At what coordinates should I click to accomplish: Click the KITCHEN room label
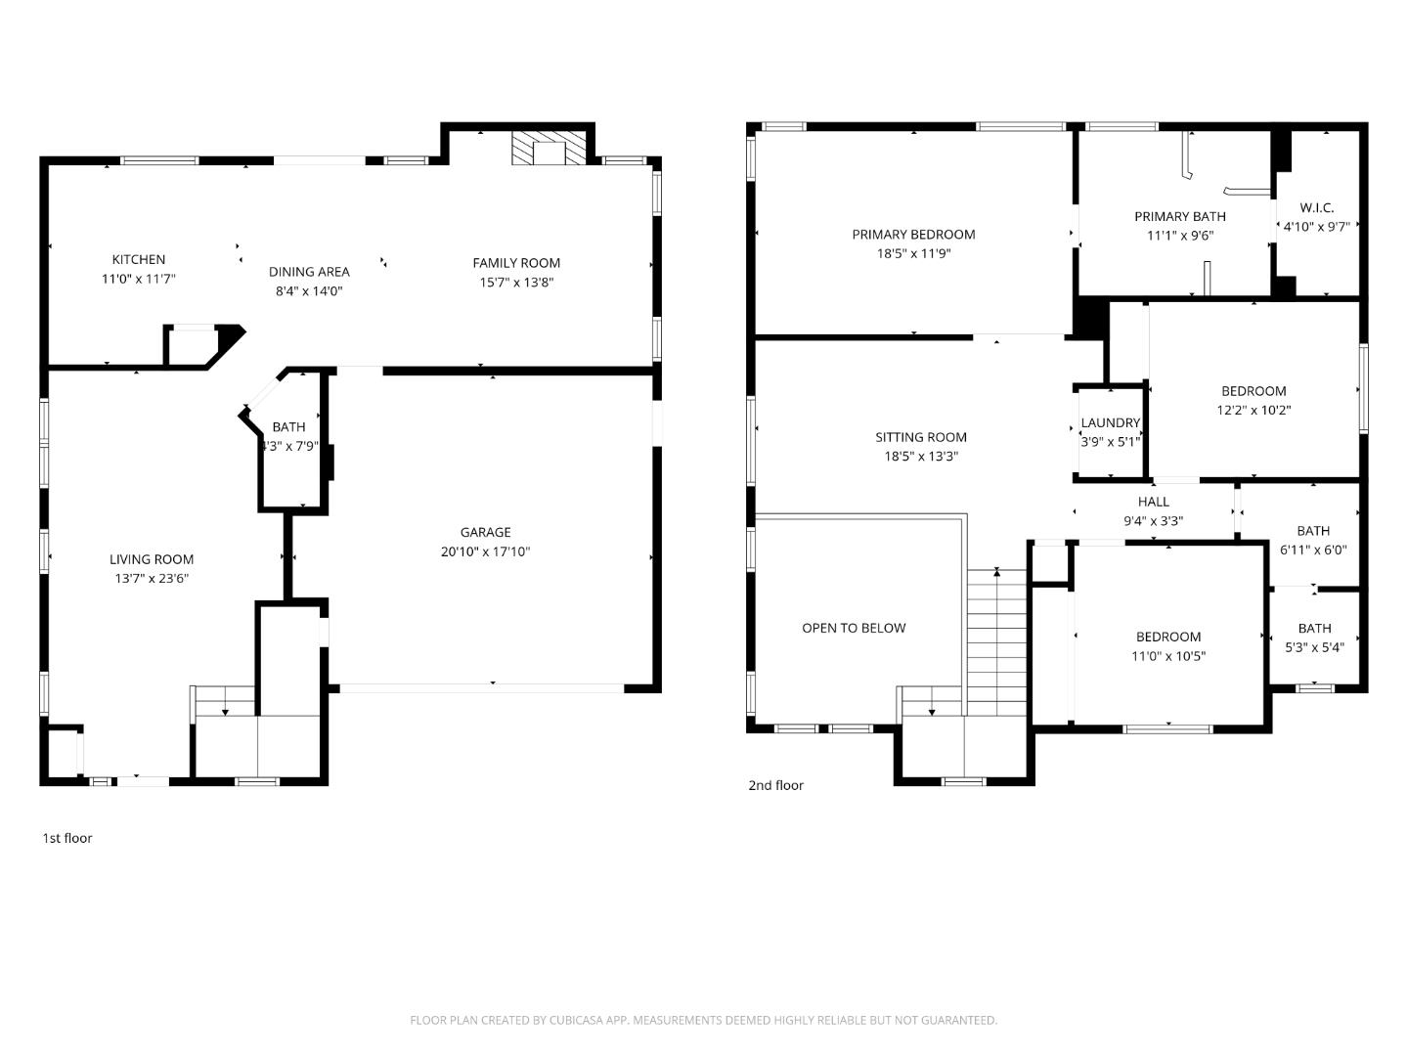click(x=139, y=259)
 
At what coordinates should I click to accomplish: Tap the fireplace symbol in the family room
click(x=552, y=148)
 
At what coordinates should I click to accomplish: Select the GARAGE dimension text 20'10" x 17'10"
click(x=485, y=551)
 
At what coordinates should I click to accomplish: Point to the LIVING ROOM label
click(x=152, y=559)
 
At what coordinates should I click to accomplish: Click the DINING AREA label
click(x=309, y=272)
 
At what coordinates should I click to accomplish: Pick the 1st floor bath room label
click(x=288, y=426)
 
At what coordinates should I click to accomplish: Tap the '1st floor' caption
click(x=67, y=838)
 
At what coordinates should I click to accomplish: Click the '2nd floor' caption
click(x=775, y=785)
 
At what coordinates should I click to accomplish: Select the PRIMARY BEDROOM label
click(x=913, y=234)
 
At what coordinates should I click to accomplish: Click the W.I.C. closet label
click(x=1316, y=207)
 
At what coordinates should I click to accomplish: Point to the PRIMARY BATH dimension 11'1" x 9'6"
click(x=1180, y=236)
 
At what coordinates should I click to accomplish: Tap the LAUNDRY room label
click(x=1110, y=422)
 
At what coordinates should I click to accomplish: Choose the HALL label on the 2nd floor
click(x=1153, y=502)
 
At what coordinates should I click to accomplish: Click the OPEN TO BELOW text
click(x=854, y=628)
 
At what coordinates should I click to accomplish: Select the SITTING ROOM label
click(x=920, y=437)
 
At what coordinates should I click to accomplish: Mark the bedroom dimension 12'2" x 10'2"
click(x=1254, y=411)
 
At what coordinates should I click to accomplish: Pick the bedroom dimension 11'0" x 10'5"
click(x=1168, y=656)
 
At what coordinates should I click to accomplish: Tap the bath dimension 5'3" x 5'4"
click(x=1314, y=647)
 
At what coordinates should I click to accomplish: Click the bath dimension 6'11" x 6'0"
click(x=1313, y=550)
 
